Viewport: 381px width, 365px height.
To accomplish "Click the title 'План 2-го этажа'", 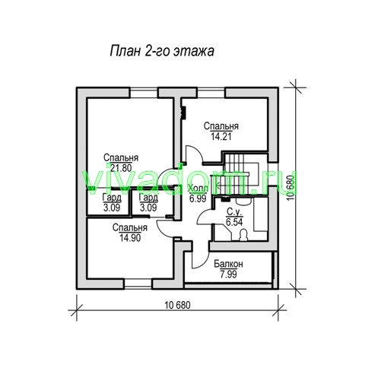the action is pyautogui.click(x=162, y=51).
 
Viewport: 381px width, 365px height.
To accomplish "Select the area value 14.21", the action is pyautogui.click(x=221, y=137).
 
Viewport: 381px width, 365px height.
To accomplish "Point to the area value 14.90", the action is pyautogui.click(x=130, y=238).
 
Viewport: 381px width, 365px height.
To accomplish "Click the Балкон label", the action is pyautogui.click(x=228, y=264).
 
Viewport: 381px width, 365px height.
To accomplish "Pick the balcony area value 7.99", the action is pyautogui.click(x=228, y=275).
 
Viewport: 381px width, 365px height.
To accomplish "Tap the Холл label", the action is pyautogui.click(x=198, y=189).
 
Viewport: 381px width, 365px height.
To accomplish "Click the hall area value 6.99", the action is pyautogui.click(x=198, y=198).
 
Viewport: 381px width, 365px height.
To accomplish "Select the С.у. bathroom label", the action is pyautogui.click(x=234, y=211).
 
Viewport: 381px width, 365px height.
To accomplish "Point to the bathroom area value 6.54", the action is pyautogui.click(x=234, y=222).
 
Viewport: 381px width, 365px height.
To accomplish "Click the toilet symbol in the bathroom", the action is pyautogui.click(x=243, y=235).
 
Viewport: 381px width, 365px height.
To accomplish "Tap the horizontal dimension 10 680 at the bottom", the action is pyautogui.click(x=177, y=305).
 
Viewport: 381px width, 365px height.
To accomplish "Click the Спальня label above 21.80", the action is pyautogui.click(x=121, y=157).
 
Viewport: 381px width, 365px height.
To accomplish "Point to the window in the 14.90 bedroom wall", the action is pyautogui.click(x=138, y=284).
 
